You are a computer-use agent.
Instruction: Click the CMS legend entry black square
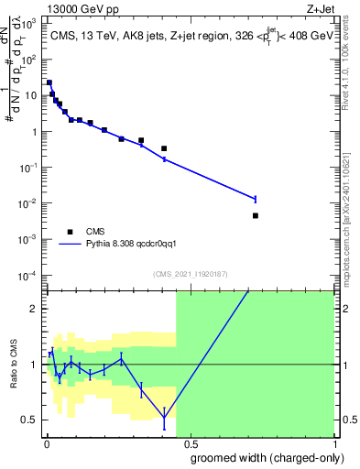70,232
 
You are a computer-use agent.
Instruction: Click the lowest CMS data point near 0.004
255,216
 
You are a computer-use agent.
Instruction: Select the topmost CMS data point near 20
49,82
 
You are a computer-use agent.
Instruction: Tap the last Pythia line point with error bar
255,199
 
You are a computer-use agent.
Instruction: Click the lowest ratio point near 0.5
164,418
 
